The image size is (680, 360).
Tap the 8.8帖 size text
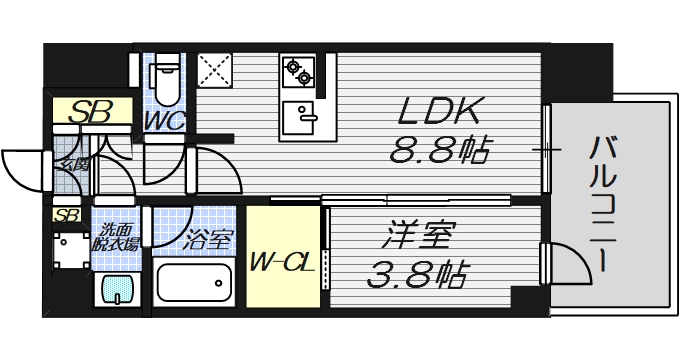tap(441, 151)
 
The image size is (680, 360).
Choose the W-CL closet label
tap(285, 265)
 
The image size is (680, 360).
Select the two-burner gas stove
tap(299, 70)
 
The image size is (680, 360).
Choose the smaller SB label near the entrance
tap(66, 215)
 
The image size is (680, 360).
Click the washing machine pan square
tap(70, 251)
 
